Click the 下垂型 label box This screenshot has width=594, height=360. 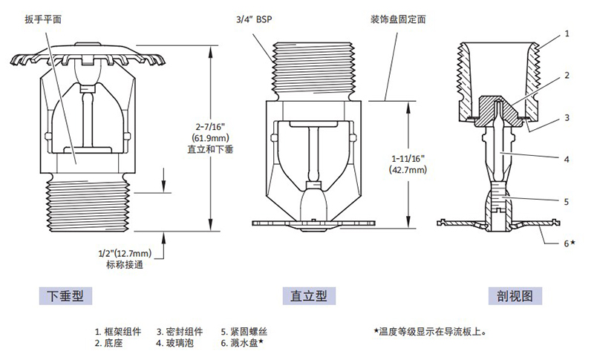click(65, 295)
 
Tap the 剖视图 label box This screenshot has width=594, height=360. click(515, 295)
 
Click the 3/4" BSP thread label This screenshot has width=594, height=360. click(252, 22)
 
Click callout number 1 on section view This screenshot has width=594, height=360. click(567, 33)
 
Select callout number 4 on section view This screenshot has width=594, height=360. click(567, 159)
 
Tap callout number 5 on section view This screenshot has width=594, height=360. click(567, 200)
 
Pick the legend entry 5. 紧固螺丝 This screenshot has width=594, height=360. click(244, 331)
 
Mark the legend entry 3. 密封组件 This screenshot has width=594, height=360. click(180, 331)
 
